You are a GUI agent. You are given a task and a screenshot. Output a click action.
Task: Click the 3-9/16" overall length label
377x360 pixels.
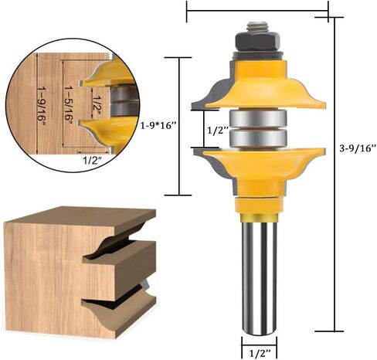click(358, 148)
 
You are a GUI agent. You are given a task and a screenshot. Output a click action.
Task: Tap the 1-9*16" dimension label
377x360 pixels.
click(158, 126)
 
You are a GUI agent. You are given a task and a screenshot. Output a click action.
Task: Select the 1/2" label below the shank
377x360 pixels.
click(260, 352)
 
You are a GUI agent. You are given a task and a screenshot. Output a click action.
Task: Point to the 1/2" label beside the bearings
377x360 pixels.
click(218, 131)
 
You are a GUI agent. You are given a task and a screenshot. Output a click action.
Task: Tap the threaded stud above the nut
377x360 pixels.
click(257, 27)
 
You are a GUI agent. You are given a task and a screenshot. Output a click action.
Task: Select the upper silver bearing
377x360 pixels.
click(258, 118)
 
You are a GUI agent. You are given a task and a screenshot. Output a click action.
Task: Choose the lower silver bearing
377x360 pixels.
click(258, 138)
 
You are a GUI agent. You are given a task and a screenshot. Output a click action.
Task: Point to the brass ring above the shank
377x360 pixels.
click(259, 218)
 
